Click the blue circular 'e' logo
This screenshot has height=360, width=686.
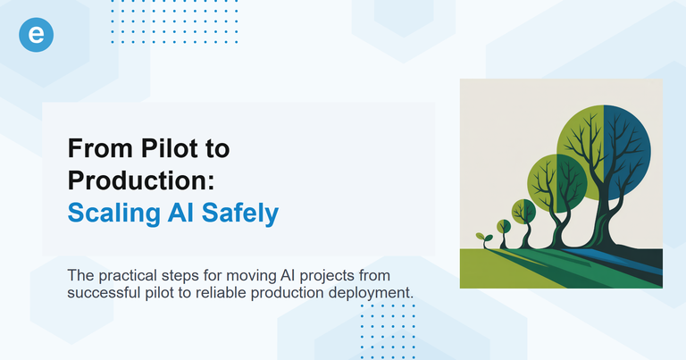point(37,35)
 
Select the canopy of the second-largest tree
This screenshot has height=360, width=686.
point(557,180)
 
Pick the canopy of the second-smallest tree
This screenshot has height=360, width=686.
point(523,212)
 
